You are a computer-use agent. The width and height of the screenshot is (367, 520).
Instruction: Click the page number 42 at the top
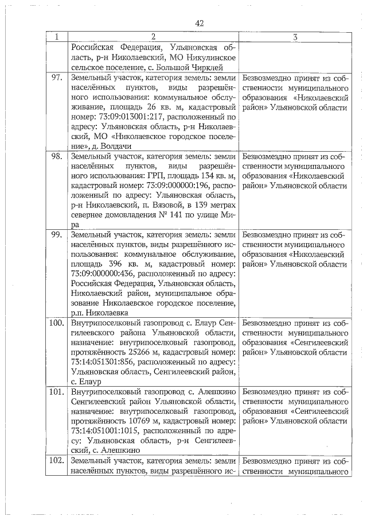point(200,23)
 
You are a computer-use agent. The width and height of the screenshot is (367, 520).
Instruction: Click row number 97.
point(57,77)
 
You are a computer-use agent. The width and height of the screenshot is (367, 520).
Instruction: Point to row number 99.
point(57,235)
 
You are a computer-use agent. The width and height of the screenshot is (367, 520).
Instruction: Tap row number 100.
point(56,323)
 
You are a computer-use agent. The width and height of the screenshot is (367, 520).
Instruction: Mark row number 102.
point(56,461)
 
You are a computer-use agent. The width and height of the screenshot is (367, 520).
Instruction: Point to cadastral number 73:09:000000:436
point(106,274)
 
